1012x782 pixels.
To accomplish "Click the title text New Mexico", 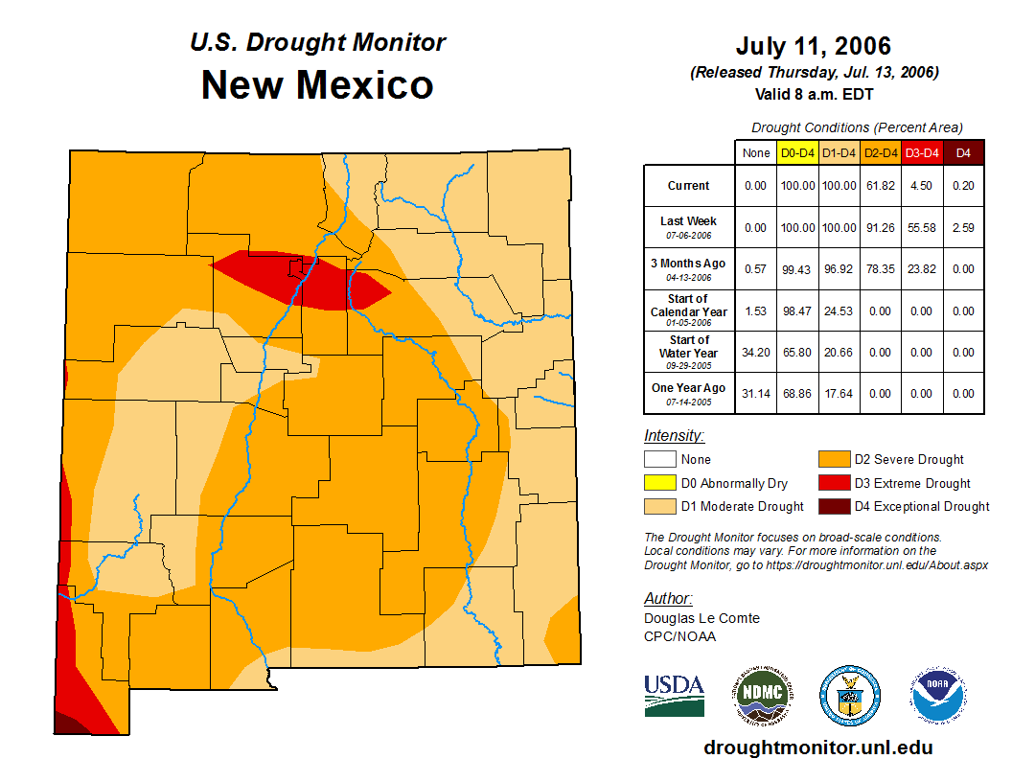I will [x=317, y=85].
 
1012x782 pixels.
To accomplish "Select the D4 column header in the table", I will [x=964, y=153].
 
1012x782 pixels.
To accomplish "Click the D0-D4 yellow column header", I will [x=797, y=153].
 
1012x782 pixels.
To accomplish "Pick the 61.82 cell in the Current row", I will [x=881, y=186].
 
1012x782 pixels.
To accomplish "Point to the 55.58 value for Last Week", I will [x=922, y=228].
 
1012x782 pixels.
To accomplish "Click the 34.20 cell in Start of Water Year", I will [x=755, y=353].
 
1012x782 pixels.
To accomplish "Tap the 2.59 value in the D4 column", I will [x=964, y=228].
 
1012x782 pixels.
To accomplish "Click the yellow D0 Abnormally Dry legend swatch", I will [x=659, y=483].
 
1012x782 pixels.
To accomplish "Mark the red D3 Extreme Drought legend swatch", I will [x=834, y=483].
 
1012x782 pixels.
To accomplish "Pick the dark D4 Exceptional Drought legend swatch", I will [x=834, y=506].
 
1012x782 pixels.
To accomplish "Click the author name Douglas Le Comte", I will [x=701, y=618].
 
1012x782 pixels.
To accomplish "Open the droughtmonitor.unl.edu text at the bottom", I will [x=817, y=747].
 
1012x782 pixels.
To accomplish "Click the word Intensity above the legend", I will [x=674, y=436].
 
